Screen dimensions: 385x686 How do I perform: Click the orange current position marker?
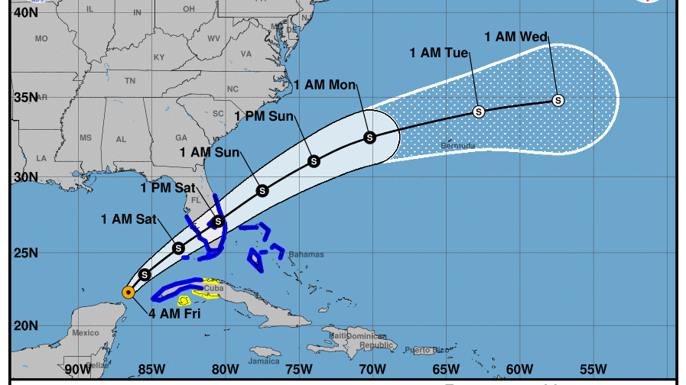point(128,292)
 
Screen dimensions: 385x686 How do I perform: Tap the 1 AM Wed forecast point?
point(558,100)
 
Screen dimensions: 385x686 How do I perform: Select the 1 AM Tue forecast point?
point(479,111)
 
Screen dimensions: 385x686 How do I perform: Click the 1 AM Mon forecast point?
point(370,137)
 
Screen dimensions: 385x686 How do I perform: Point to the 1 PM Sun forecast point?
point(314,160)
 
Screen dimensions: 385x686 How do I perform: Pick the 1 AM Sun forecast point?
point(262,190)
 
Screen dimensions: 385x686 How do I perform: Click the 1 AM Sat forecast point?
point(179,247)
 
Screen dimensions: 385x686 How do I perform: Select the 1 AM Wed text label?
point(516,36)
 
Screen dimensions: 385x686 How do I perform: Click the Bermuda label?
point(458,145)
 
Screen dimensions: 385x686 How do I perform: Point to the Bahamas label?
point(306,254)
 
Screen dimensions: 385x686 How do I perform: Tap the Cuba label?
point(214,288)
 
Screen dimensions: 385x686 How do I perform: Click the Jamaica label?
point(263,361)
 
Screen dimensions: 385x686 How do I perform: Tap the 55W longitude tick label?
point(592,369)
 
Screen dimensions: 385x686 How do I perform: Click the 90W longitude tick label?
point(78,369)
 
